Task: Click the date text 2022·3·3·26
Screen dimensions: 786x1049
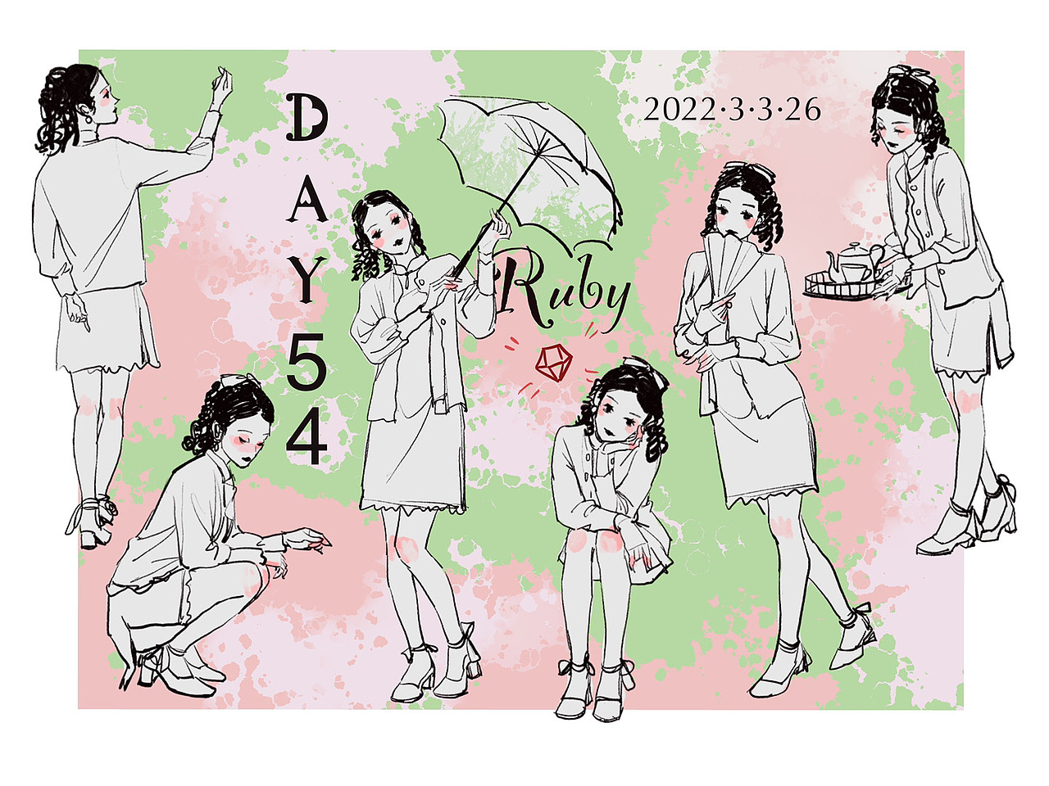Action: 732,109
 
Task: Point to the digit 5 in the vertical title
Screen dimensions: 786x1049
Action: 307,365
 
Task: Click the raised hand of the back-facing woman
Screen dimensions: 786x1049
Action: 220,84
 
